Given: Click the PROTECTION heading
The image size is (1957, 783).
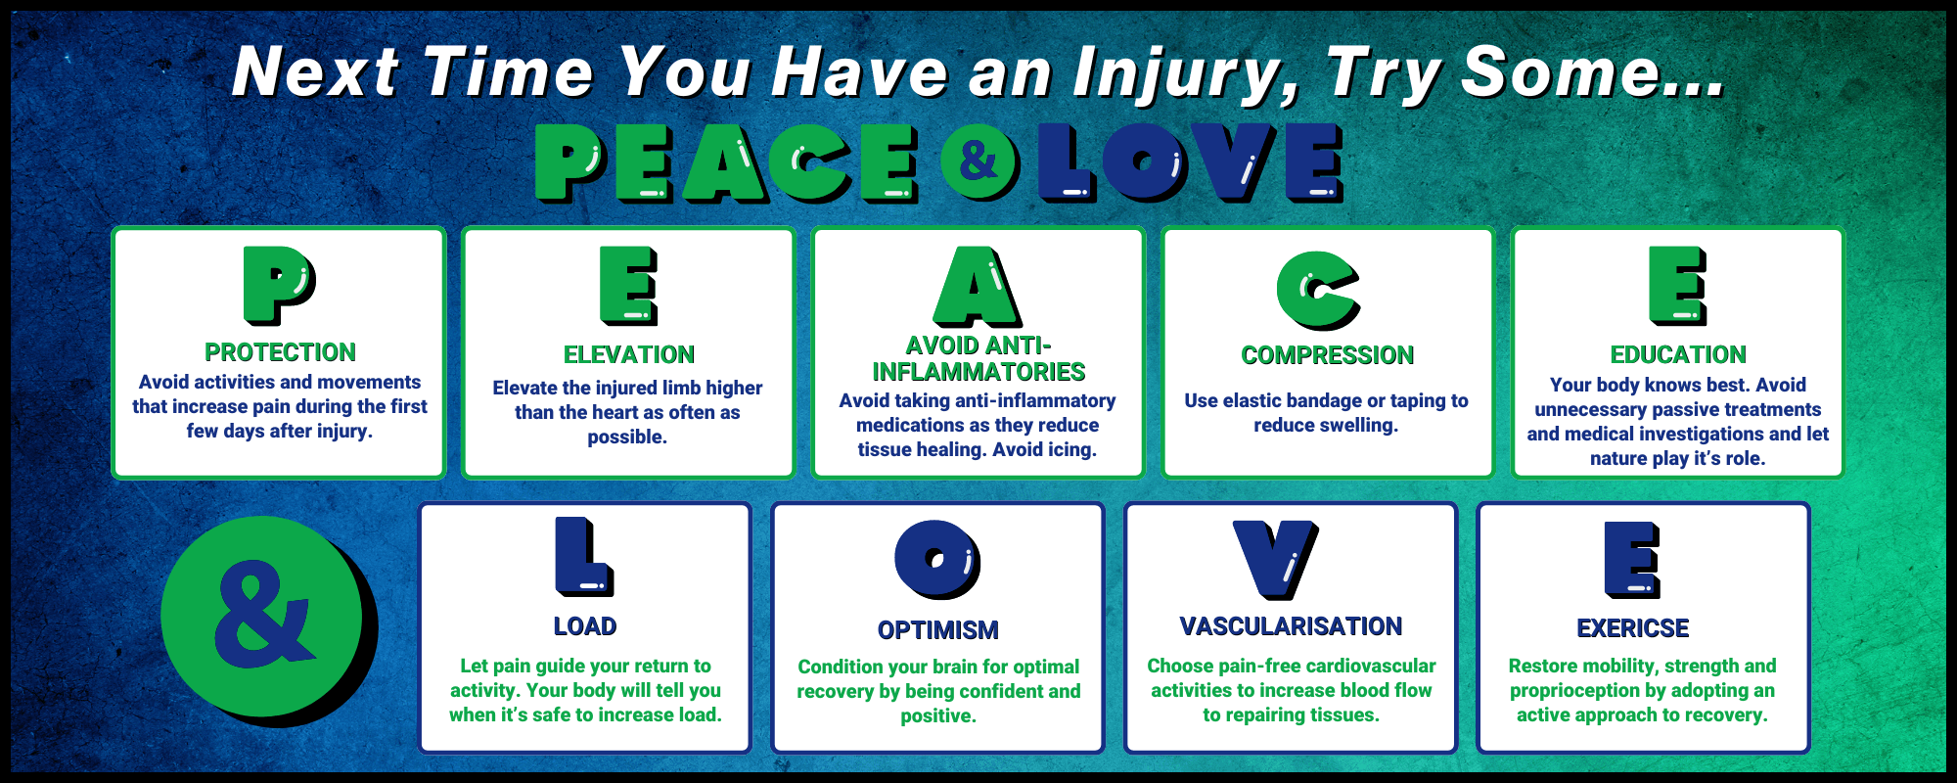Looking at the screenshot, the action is click(280, 352).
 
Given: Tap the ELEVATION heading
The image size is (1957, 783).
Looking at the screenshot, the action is click(629, 354).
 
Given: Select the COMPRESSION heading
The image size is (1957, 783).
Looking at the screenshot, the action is click(1328, 355).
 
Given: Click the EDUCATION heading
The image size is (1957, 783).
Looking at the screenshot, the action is click(1678, 354).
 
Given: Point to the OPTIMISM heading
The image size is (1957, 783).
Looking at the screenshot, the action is click(938, 630).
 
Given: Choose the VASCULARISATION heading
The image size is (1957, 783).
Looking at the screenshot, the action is click(1291, 626).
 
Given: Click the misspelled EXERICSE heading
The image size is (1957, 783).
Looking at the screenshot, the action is click(1633, 628).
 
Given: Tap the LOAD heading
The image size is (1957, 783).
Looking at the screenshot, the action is click(585, 626).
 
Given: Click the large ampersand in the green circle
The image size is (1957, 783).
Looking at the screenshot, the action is click(262, 615).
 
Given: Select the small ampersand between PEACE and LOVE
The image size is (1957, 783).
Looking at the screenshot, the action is click(978, 159).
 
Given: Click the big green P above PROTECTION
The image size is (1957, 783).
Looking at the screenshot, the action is click(279, 285).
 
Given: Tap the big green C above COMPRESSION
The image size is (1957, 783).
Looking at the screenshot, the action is click(1318, 290).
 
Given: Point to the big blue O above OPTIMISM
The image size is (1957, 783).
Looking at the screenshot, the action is click(937, 560).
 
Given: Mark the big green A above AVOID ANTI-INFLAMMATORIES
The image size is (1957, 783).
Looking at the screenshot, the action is click(978, 286).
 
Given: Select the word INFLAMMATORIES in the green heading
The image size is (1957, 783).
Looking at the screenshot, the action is click(978, 372).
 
